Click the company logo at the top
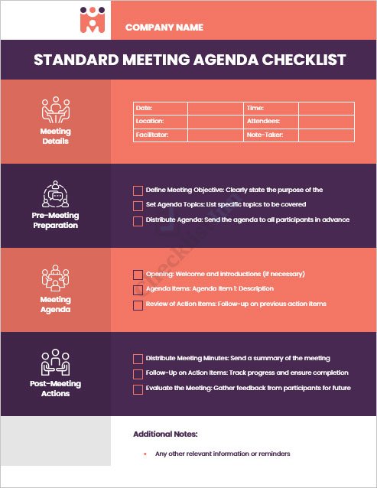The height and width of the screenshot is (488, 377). click(x=93, y=21)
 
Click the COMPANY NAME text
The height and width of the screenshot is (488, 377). click(x=164, y=28)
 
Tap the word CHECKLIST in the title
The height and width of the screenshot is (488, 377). click(x=304, y=60)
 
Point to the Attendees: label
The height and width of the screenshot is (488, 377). click(x=263, y=122)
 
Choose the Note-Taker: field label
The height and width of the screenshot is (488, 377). click(x=265, y=135)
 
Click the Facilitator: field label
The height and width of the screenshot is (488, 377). click(x=151, y=135)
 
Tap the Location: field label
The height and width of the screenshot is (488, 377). click(x=149, y=122)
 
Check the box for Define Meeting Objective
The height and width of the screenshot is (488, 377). click(x=138, y=190)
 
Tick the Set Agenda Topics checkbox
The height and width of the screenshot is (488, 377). click(x=138, y=205)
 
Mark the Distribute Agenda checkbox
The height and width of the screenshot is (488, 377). click(x=138, y=220)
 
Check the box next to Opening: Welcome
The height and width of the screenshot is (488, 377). click(x=138, y=275)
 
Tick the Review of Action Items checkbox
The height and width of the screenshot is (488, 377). click(x=138, y=304)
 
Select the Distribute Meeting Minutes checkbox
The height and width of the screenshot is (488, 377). click(x=138, y=359)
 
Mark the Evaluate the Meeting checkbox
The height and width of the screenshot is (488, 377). click(x=138, y=389)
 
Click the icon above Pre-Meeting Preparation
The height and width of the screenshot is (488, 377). click(x=55, y=195)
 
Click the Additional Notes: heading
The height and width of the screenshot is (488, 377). click(x=165, y=434)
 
